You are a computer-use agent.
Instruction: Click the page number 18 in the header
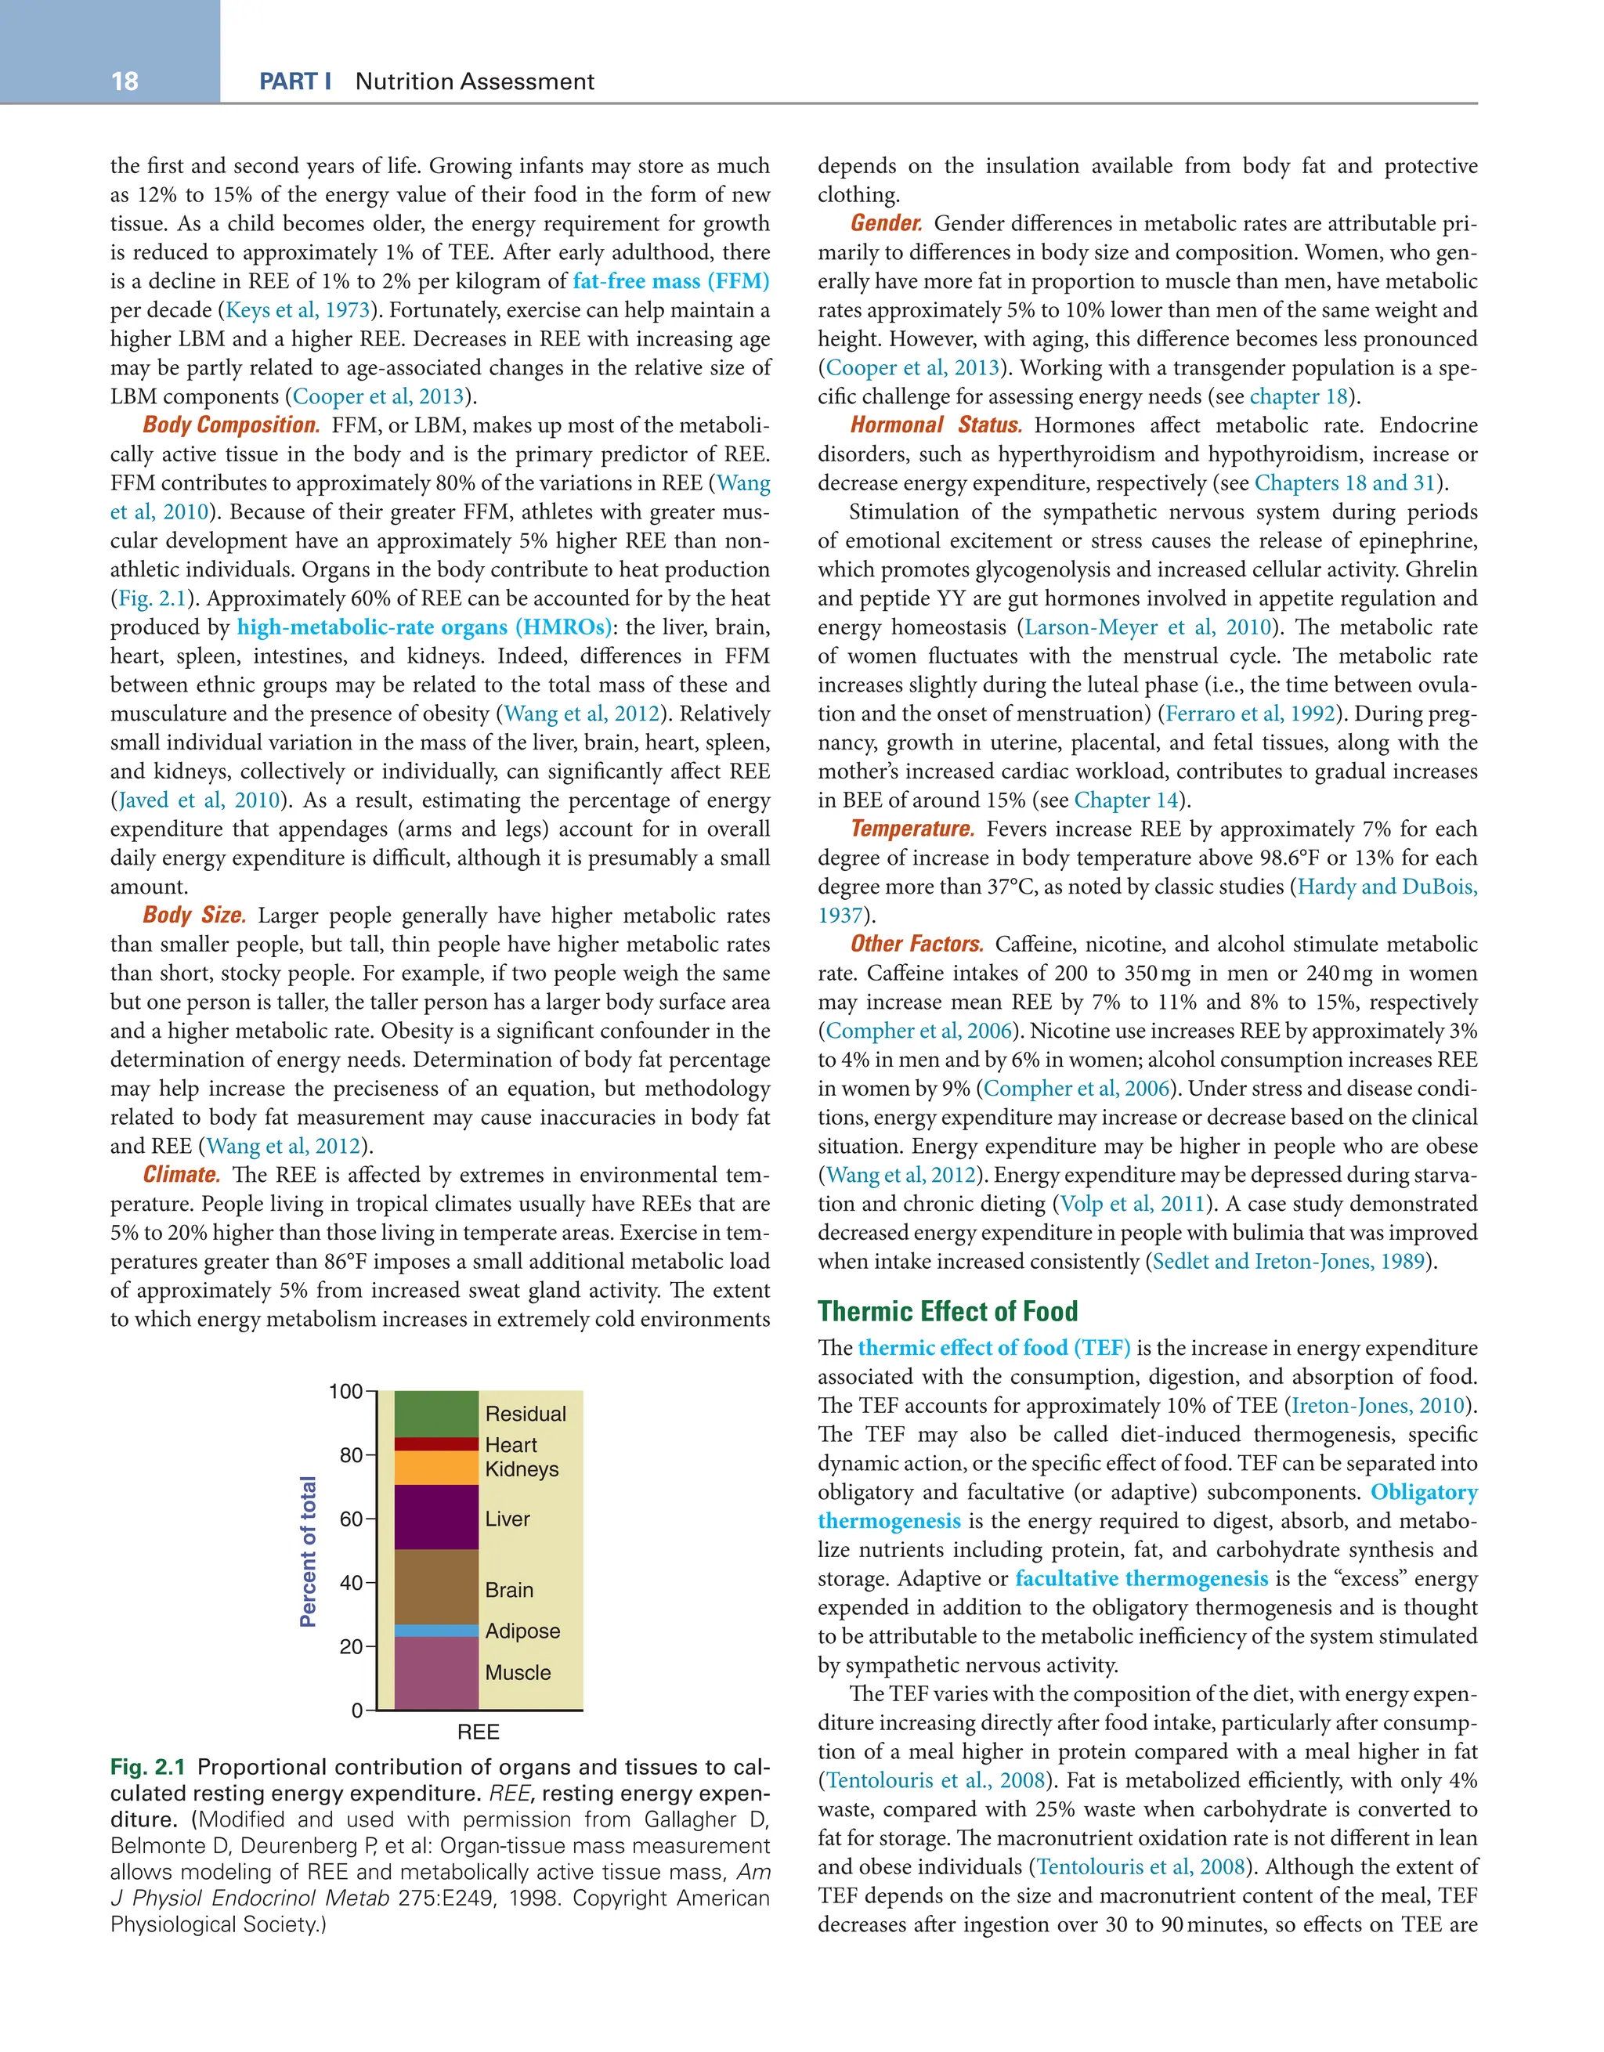(124, 81)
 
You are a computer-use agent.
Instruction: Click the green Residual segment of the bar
(436, 1413)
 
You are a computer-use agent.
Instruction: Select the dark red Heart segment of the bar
(436, 1443)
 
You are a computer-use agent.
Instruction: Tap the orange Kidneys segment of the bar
(436, 1468)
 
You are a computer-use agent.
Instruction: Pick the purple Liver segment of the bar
(436, 1516)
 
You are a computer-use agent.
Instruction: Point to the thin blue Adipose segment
(436, 1630)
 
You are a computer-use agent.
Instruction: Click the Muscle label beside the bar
(518, 1672)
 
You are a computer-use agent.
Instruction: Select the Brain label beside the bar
(508, 1590)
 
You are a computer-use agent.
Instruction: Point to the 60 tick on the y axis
(352, 1519)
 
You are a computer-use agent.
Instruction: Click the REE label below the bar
(479, 1732)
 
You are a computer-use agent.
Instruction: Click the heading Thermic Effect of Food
(947, 1310)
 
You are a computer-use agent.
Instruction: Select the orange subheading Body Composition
(231, 425)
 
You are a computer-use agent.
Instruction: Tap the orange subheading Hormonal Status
(936, 425)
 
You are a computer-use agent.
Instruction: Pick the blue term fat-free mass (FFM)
(671, 281)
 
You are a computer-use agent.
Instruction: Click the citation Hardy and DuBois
(1386, 887)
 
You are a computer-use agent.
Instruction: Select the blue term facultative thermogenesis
(1141, 1578)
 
